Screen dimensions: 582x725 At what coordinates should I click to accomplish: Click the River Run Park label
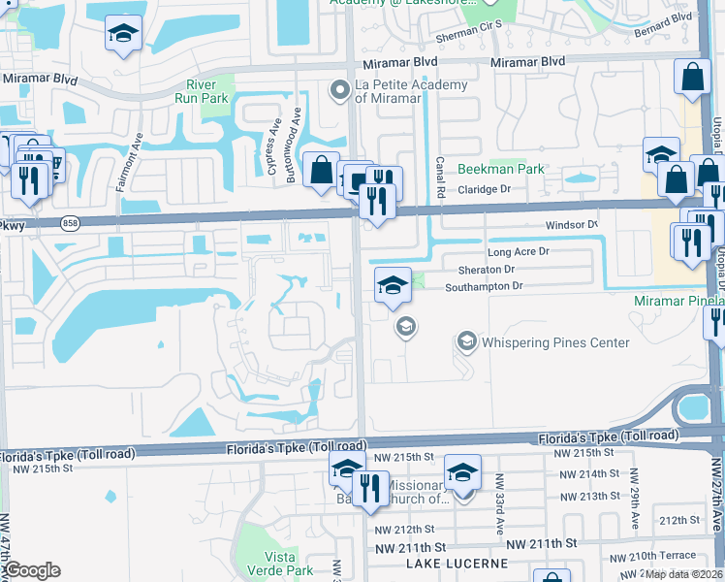pos(202,90)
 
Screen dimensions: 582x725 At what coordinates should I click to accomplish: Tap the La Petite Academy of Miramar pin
pos(339,91)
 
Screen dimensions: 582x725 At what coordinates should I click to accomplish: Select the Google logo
pos(32,570)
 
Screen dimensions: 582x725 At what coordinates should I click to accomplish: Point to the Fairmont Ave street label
pos(123,162)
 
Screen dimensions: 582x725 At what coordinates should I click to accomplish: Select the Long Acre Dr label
pos(518,251)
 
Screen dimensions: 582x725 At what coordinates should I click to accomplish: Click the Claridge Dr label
pos(484,190)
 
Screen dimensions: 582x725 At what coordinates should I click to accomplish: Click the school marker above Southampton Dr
pos(393,285)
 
